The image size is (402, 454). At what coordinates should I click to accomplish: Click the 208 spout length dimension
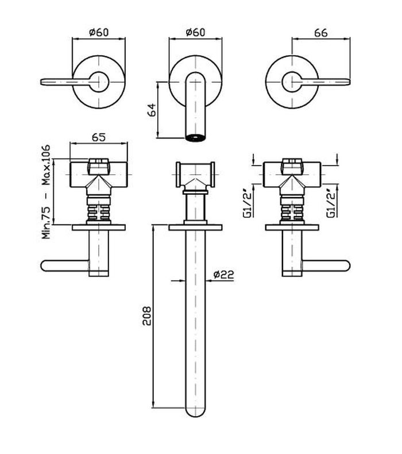(x=147, y=316)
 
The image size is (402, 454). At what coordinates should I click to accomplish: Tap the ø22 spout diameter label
(x=223, y=274)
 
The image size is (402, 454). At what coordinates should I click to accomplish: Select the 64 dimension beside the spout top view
(x=152, y=109)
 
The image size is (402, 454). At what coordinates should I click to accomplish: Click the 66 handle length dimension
(x=320, y=33)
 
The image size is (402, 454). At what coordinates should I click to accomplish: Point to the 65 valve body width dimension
(x=99, y=137)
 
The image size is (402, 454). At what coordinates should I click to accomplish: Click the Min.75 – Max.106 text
(x=46, y=191)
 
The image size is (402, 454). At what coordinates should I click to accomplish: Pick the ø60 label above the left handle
(x=99, y=32)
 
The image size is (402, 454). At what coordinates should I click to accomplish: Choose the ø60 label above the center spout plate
(x=195, y=32)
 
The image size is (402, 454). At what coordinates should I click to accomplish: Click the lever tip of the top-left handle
(x=41, y=82)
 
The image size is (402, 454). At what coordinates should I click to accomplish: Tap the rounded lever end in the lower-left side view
(x=44, y=266)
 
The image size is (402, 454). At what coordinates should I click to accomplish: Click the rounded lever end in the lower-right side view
(x=347, y=266)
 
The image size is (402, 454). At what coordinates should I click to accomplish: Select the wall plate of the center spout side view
(x=195, y=228)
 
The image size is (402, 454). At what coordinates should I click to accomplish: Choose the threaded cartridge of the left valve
(x=99, y=210)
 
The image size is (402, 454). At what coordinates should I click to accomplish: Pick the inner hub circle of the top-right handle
(x=292, y=82)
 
